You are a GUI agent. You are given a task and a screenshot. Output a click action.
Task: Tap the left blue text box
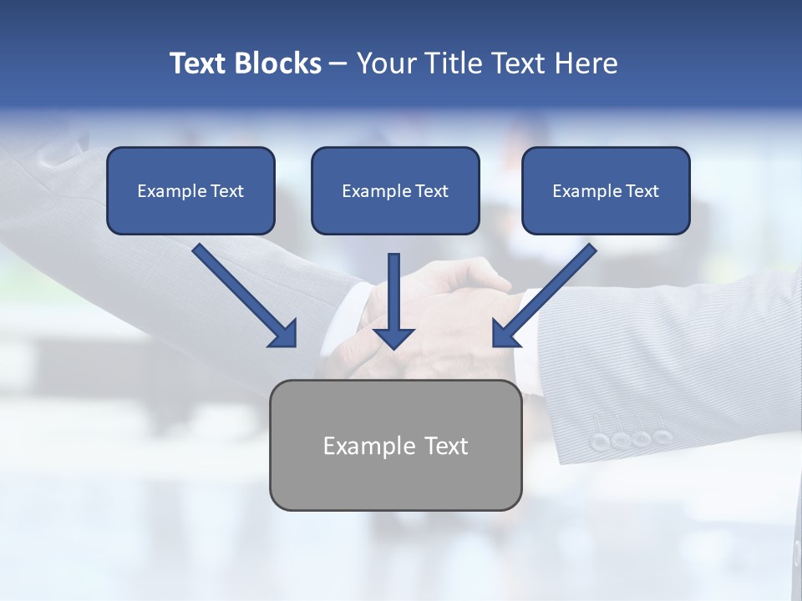click(190, 191)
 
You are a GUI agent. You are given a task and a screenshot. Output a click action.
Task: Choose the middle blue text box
click(395, 191)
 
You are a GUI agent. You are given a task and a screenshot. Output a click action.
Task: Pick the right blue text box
click(606, 191)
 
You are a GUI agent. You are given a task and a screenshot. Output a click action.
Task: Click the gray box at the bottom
click(395, 445)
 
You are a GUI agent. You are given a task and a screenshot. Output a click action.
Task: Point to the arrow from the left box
click(242, 294)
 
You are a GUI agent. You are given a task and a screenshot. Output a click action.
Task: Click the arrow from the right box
click(546, 294)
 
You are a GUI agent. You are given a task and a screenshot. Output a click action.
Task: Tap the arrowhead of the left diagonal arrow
click(285, 334)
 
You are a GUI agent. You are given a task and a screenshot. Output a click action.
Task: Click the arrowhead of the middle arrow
click(393, 337)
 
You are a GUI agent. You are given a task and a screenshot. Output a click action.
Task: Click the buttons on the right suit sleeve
click(631, 439)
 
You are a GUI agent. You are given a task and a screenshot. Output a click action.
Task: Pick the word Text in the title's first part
click(198, 63)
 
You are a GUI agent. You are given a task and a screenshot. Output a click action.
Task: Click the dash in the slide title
click(338, 64)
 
